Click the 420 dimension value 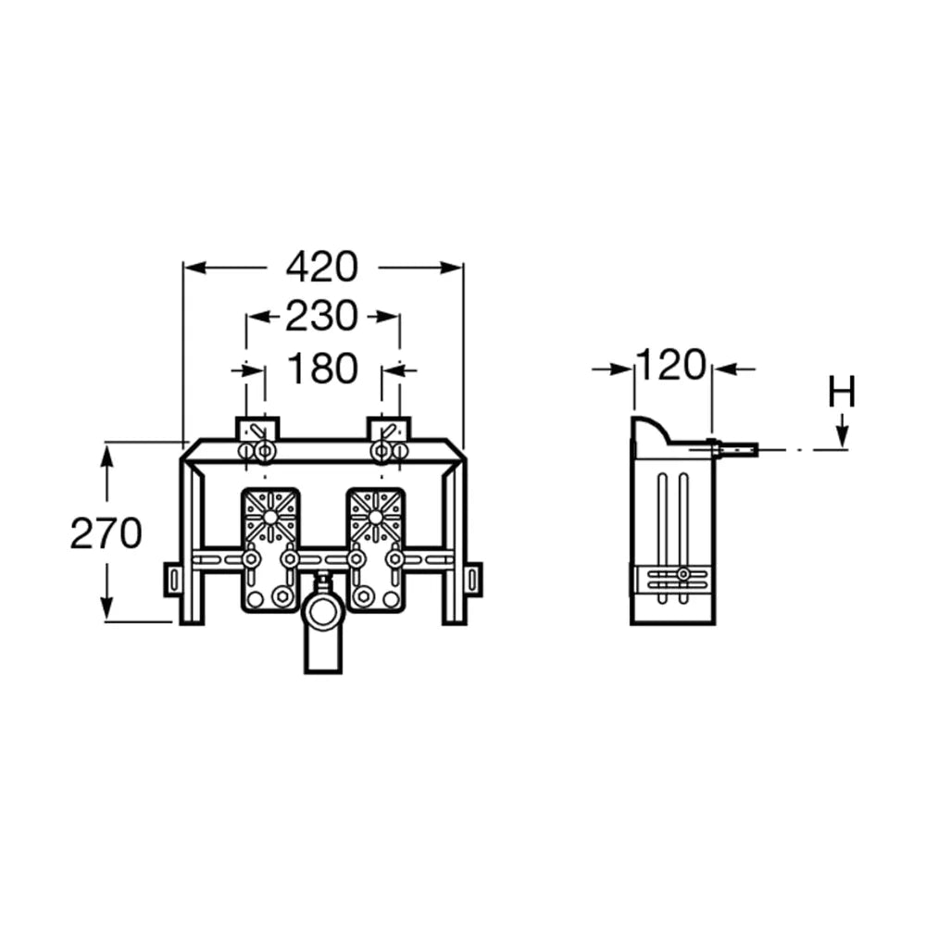[x=322, y=268]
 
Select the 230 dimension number [x=322, y=317]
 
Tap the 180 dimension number [x=322, y=369]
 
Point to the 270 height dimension [x=106, y=533]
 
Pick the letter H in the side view [x=842, y=392]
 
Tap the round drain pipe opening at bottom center [x=322, y=612]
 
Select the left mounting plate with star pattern [x=270, y=549]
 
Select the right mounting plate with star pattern [x=376, y=549]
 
